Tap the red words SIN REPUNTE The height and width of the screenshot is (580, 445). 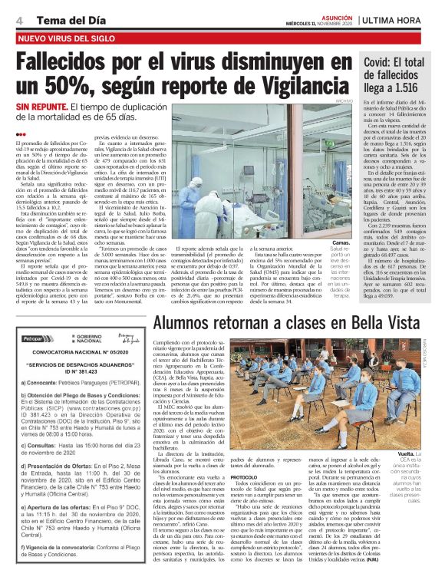[47, 109]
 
